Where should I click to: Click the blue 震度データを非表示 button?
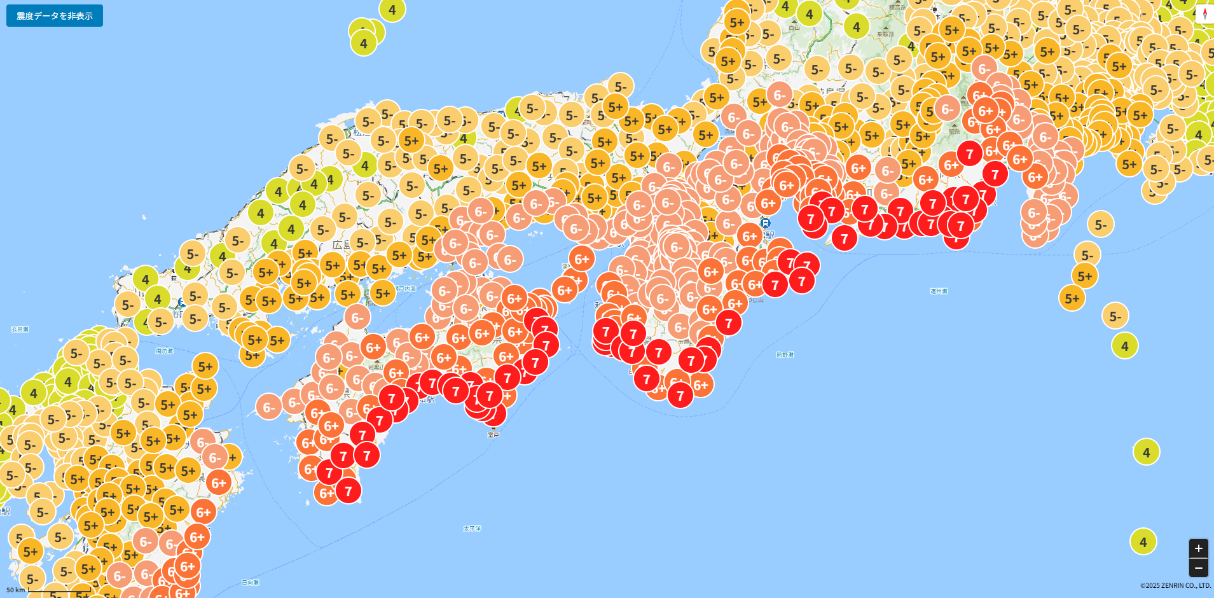[x=55, y=16]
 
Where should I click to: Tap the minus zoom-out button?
[x=1198, y=567]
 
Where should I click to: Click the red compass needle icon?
[x=1204, y=14]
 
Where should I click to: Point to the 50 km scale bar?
[x=38, y=590]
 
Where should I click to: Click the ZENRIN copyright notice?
[x=1175, y=586]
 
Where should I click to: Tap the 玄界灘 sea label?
[x=20, y=330]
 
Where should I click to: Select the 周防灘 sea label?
[x=164, y=351]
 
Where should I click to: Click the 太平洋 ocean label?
[x=472, y=529]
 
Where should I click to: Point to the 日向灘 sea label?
[x=251, y=583]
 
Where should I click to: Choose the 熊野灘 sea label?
[x=785, y=355]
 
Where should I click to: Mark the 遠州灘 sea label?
[x=939, y=291]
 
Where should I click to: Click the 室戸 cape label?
[x=493, y=435]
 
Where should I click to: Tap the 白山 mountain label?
[x=794, y=28]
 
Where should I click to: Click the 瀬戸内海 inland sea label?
[x=405, y=289]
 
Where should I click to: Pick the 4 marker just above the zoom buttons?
[x=1143, y=542]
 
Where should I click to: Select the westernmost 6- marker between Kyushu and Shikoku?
[x=269, y=407]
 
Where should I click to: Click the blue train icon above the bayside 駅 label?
[x=766, y=223]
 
